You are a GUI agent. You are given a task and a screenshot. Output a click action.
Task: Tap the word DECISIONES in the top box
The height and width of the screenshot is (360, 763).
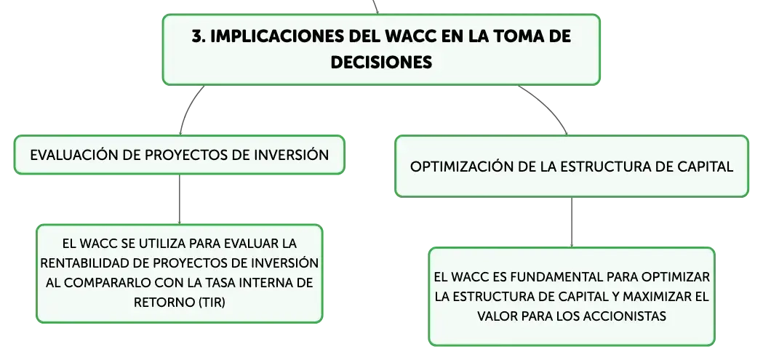381,63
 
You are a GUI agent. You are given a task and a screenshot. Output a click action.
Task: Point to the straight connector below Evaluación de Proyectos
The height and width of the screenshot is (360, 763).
180,199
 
